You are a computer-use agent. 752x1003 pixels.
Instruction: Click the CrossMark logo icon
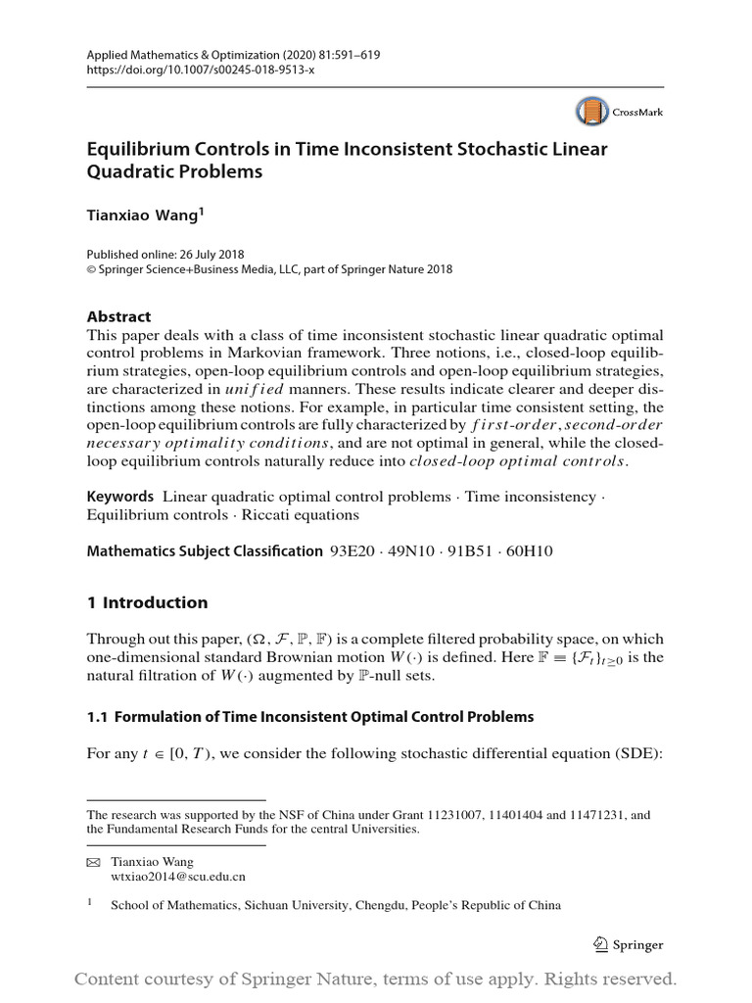(591, 112)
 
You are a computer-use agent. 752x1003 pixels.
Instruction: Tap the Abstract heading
(119, 316)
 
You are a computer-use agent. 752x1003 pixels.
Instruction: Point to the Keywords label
(120, 497)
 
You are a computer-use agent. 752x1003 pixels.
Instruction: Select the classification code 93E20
(356, 551)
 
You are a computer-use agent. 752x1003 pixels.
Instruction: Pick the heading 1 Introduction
(148, 602)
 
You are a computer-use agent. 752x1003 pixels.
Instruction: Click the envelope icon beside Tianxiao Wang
(94, 862)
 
